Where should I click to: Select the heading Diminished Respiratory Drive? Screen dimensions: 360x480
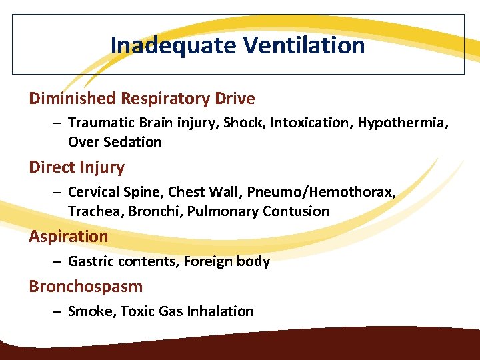coord(141,99)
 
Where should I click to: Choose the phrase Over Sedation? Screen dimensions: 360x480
coord(115,141)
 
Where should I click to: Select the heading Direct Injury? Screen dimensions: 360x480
coord(77,167)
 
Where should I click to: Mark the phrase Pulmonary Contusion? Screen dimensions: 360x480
coord(259,211)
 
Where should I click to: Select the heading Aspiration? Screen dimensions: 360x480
coord(68,236)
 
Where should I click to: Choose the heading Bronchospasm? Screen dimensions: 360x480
coord(85,287)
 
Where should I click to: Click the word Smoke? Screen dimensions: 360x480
coord(90,311)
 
